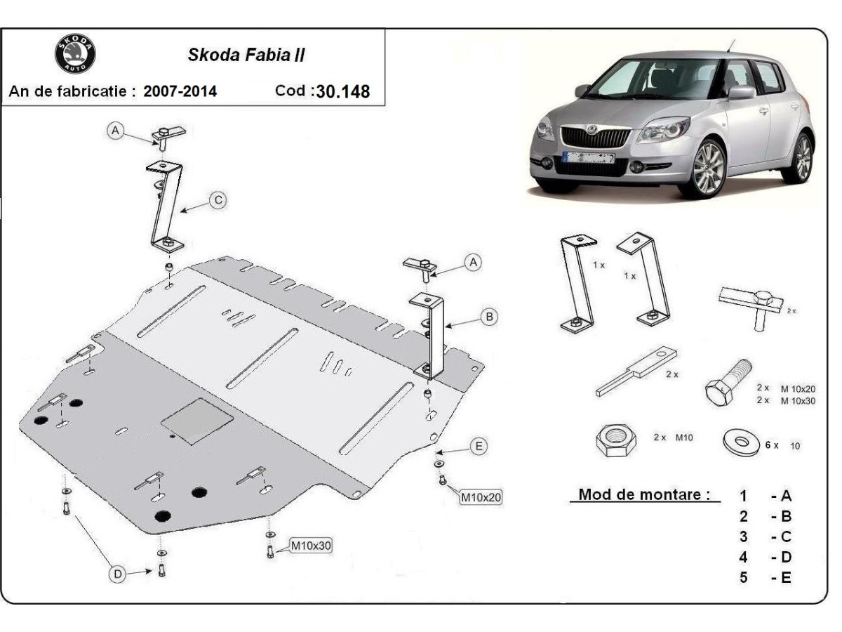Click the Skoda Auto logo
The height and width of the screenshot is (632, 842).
[x=75, y=53]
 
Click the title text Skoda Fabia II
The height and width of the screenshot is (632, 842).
[x=246, y=55]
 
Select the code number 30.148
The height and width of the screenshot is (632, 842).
[x=343, y=91]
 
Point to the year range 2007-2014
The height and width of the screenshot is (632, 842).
[x=180, y=91]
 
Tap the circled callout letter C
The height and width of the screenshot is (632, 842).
[x=218, y=200]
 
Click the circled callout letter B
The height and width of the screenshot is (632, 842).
[x=489, y=317]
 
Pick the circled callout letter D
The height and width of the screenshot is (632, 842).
[x=117, y=574]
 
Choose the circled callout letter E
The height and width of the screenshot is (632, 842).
[x=479, y=447]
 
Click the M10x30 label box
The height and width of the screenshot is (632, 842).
[x=311, y=546]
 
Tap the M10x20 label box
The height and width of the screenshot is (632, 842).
[x=481, y=497]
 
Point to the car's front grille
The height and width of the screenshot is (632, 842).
[x=595, y=137]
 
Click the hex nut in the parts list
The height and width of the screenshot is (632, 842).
[x=616, y=440]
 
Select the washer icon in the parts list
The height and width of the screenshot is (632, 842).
[x=741, y=442]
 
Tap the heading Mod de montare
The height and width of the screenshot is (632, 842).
[x=644, y=494]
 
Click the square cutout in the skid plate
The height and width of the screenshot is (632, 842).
[x=197, y=421]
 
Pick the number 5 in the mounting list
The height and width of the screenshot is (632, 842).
[x=743, y=577]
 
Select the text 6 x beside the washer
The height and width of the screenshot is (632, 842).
[x=772, y=445]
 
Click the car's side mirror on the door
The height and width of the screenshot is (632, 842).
[x=740, y=93]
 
